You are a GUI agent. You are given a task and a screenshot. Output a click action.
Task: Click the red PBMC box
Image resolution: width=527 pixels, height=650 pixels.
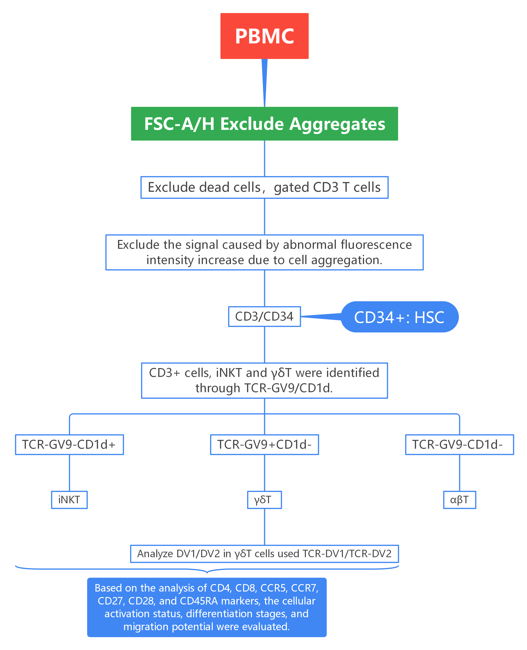pyautogui.click(x=264, y=36)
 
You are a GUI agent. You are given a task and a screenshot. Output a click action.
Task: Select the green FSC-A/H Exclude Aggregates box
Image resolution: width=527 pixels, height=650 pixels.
pyautogui.click(x=264, y=124)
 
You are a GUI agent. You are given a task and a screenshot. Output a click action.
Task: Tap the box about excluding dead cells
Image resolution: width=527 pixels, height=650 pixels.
pyautogui.click(x=264, y=187)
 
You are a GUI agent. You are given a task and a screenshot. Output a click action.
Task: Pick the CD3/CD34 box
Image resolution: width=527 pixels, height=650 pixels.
pyautogui.click(x=264, y=316)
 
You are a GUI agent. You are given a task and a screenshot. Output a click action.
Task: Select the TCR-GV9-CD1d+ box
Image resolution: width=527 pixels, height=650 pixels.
pyautogui.click(x=69, y=445)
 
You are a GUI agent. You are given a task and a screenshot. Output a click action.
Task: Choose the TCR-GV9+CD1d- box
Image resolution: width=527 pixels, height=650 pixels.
pyautogui.click(x=264, y=445)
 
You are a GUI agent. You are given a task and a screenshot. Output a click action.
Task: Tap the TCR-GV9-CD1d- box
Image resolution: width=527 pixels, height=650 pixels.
pyautogui.click(x=459, y=445)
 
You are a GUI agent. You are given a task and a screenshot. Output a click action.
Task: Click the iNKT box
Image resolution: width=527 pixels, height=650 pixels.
pyautogui.click(x=69, y=500)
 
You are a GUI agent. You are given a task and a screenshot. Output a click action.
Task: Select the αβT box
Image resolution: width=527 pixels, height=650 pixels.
pyautogui.click(x=459, y=500)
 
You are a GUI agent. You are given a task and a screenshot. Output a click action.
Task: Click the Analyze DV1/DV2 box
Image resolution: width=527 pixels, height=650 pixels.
pyautogui.click(x=264, y=554)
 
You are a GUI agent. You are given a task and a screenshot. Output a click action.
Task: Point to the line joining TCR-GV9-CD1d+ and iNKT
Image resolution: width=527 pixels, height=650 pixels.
pyautogui.click(x=70, y=473)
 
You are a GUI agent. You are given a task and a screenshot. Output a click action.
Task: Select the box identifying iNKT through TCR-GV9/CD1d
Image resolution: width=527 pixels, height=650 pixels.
pyautogui.click(x=264, y=380)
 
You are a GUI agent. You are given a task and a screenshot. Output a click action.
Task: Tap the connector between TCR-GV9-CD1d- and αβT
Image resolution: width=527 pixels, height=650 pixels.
pyautogui.click(x=460, y=473)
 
